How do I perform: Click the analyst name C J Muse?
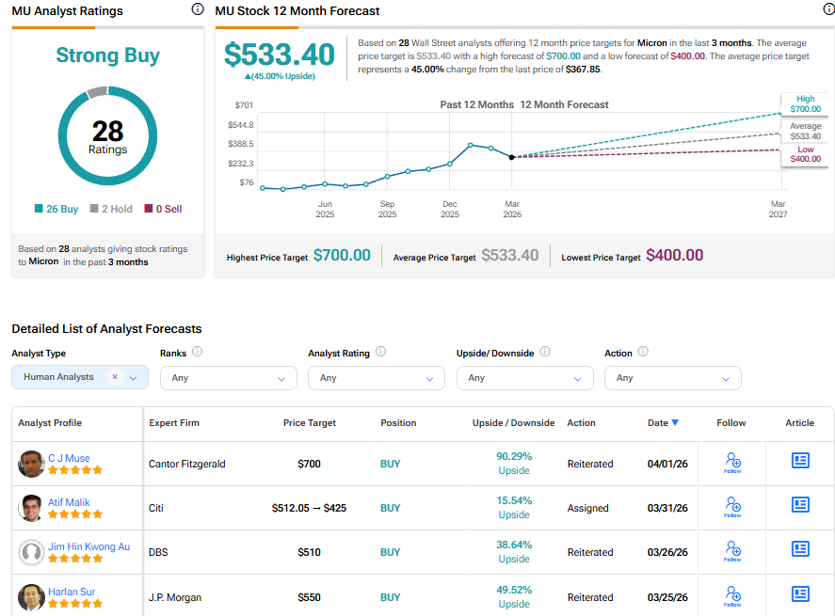pyautogui.click(x=69, y=458)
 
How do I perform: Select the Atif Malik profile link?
pyautogui.click(x=69, y=502)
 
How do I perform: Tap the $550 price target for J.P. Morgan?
pyautogui.click(x=310, y=597)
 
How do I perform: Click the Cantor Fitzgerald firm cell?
pyautogui.click(x=187, y=464)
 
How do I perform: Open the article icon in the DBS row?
pyautogui.click(x=800, y=548)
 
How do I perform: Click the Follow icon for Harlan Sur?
pyautogui.click(x=732, y=594)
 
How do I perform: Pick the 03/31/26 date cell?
pyautogui.click(x=667, y=508)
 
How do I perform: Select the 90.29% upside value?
pyautogui.click(x=513, y=456)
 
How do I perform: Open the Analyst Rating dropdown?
pyautogui.click(x=377, y=378)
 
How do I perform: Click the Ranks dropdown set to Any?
pyautogui.click(x=228, y=378)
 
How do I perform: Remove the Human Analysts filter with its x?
pyautogui.click(x=115, y=377)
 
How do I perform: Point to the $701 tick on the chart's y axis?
pyautogui.click(x=244, y=104)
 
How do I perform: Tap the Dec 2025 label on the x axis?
pyautogui.click(x=450, y=209)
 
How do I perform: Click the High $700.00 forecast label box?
pyautogui.click(x=805, y=103)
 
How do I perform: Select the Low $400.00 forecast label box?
pyautogui.click(x=805, y=154)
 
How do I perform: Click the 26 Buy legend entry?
pyautogui.click(x=56, y=209)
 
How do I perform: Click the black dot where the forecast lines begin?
pyautogui.click(x=511, y=157)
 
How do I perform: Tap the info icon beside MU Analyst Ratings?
pyautogui.click(x=197, y=9)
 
